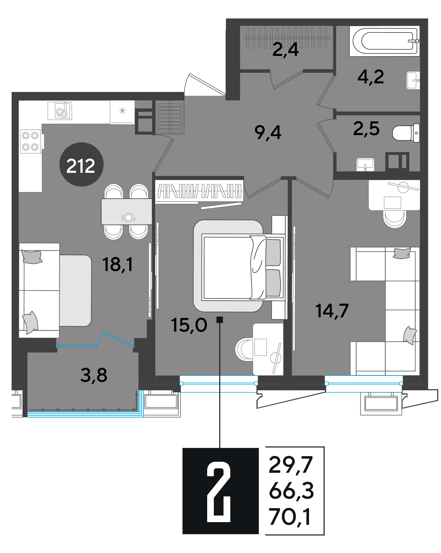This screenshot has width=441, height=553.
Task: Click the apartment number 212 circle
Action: point(81,164)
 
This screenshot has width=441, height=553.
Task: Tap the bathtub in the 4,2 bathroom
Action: point(385,41)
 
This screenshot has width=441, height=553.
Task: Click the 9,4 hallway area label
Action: point(268,132)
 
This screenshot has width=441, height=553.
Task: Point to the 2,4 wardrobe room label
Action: point(286,49)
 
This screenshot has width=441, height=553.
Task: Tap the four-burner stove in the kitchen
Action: point(31,141)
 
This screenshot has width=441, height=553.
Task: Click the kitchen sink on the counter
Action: point(60,111)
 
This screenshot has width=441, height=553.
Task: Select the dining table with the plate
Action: point(127,212)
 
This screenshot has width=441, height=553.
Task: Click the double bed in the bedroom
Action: point(243,268)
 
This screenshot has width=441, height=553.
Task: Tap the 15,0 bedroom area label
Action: point(189,325)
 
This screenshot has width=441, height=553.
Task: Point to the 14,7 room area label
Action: point(332,311)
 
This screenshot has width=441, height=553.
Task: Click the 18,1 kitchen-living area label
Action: point(118,264)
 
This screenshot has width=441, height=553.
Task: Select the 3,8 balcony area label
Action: point(94,375)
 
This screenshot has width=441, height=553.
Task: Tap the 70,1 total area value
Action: point(290,517)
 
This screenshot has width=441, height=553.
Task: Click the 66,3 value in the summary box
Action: point(291,490)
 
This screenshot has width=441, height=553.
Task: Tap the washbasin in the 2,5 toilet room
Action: point(365,164)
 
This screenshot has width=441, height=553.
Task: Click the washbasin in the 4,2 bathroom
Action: point(413,80)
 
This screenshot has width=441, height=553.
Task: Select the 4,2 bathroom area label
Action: point(371,77)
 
